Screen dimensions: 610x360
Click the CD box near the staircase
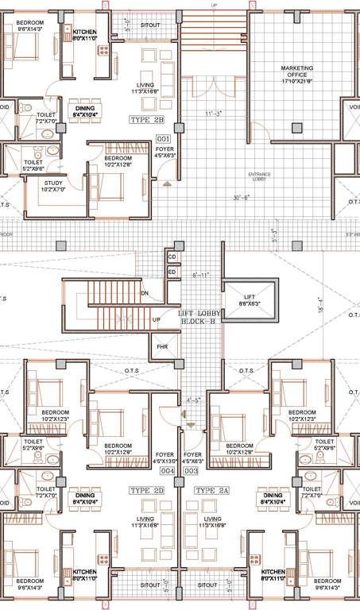pyautogui.click(x=172, y=257)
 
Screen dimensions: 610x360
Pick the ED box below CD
pyautogui.click(x=172, y=272)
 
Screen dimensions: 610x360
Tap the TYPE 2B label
pyautogui.click(x=147, y=120)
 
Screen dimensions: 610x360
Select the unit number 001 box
pyautogui.click(x=165, y=140)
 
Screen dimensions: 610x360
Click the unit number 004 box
pyautogui.click(x=167, y=471)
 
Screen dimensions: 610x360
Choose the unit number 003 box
pyautogui.click(x=191, y=471)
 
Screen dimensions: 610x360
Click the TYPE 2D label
pyautogui.click(x=145, y=490)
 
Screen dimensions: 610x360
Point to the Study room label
pyautogui.click(x=52, y=186)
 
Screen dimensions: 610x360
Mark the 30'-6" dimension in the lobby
pyautogui.click(x=242, y=198)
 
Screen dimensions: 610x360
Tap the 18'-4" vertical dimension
pyautogui.click(x=319, y=304)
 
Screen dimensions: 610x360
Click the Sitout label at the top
pyautogui.click(x=150, y=25)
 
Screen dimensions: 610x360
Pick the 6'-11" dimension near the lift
pyautogui.click(x=200, y=274)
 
